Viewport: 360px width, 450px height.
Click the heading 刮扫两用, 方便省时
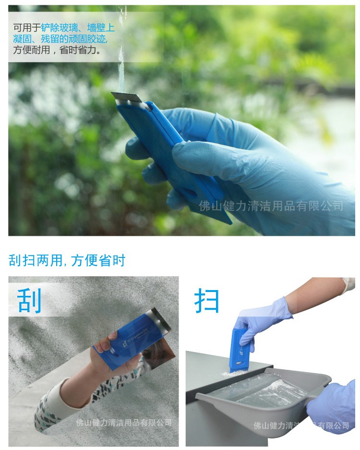(67, 260)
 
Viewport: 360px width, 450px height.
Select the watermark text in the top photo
(271, 207)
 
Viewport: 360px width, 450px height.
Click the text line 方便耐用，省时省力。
(58, 49)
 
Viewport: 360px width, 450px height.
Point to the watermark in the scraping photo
(124, 423)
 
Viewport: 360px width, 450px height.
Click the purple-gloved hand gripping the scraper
(262, 319)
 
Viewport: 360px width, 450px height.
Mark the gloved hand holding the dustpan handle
(334, 406)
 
